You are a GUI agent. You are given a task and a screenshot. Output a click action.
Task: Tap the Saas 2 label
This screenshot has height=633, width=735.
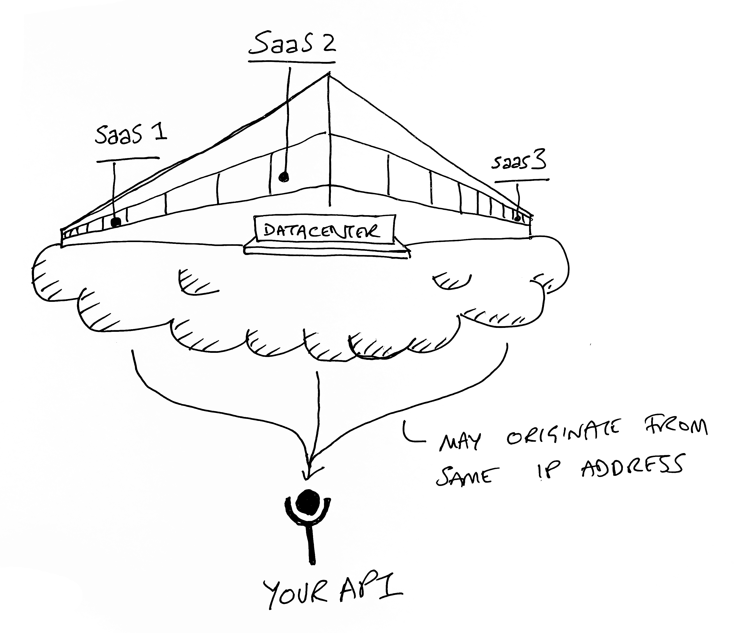pyautogui.click(x=292, y=44)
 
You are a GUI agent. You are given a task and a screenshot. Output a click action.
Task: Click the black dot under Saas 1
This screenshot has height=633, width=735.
pyautogui.click(x=116, y=222)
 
